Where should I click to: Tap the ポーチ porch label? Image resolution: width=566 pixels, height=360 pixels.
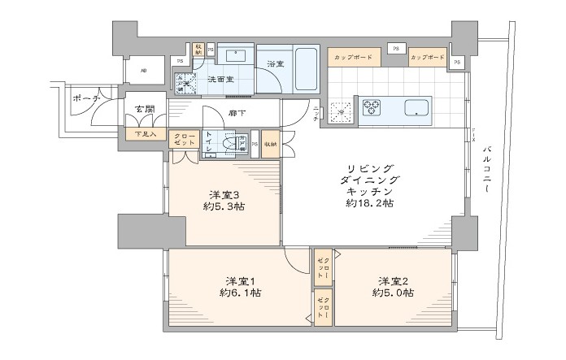tap(85, 98)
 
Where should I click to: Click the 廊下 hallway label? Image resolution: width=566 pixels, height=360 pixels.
tap(237, 113)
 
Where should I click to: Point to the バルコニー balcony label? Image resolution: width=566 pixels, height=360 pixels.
tap(487, 169)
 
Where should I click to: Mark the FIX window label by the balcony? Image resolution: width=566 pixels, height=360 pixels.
tap(474, 135)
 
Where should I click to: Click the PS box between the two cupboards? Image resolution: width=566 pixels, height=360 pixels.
tap(398, 48)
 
